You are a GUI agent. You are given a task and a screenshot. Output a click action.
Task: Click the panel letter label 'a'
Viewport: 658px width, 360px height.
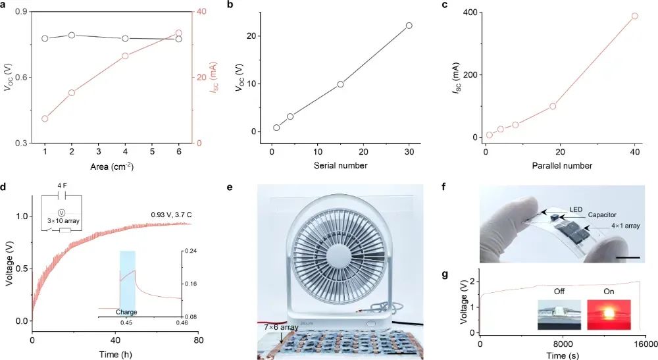5,5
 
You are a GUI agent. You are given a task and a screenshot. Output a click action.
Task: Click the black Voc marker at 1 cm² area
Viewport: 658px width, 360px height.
45,38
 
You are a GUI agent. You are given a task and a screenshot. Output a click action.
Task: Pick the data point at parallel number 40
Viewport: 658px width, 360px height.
634,16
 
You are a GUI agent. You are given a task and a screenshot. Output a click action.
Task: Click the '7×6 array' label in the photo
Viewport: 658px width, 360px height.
268,326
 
